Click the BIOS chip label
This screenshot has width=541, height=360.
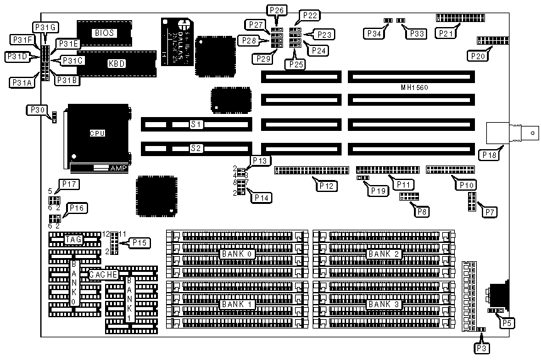pos(105,33)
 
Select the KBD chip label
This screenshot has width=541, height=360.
pos(116,64)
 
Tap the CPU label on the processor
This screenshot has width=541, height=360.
pos(97,133)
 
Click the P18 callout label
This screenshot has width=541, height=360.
pos(488,154)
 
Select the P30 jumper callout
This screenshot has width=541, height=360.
pos(36,110)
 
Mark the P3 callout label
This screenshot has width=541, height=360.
pos(482,346)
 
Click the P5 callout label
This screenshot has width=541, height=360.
pos(506,323)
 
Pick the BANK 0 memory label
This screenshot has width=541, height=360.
pos(235,254)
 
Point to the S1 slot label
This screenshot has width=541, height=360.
pos(196,125)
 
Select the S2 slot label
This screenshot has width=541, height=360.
pos(196,149)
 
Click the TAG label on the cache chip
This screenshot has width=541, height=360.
pos(74,239)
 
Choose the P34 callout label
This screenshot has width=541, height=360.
pos(374,33)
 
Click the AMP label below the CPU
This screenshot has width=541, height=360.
pos(118,169)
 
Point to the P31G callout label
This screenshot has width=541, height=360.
pos(45,26)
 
